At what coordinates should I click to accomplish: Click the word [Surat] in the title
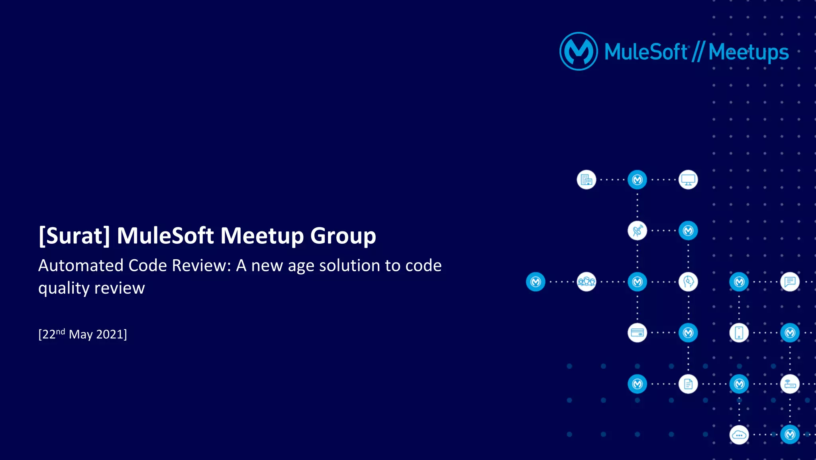(74, 235)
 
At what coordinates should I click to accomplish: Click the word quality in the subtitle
(64, 288)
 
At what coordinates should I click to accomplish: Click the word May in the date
(80, 334)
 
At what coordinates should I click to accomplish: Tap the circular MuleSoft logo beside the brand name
(579, 51)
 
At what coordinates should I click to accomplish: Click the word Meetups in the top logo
(749, 52)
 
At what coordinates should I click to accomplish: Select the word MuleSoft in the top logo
(645, 52)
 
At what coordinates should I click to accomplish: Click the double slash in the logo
(698, 52)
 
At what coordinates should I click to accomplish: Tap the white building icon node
(586, 180)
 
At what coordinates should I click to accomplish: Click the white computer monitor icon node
(688, 180)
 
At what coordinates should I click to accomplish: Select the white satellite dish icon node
(637, 231)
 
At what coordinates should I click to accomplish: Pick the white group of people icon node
(586, 282)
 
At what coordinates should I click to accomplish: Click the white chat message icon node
(790, 282)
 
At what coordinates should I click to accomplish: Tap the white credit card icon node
(637, 333)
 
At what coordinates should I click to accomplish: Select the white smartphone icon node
(739, 333)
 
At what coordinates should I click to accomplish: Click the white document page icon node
(688, 384)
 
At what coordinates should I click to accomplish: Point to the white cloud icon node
(739, 435)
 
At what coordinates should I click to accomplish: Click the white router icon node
(790, 384)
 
